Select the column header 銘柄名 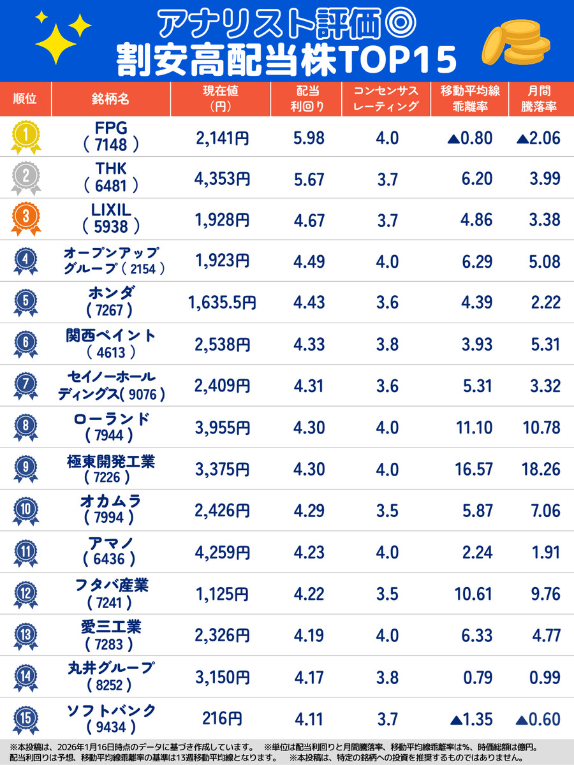pyautogui.click(x=110, y=99)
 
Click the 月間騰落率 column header pyautogui.click(x=542, y=99)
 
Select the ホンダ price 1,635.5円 pyautogui.click(x=222, y=303)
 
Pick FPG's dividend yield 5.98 pyautogui.click(x=309, y=137)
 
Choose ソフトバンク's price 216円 pyautogui.click(x=222, y=719)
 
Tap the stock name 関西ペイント pyautogui.click(x=111, y=336)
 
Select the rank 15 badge pyautogui.click(x=25, y=718)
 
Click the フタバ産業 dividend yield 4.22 pyautogui.click(x=309, y=595)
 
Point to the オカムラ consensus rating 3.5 pyautogui.click(x=387, y=511)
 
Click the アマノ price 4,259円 pyautogui.click(x=222, y=553)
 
